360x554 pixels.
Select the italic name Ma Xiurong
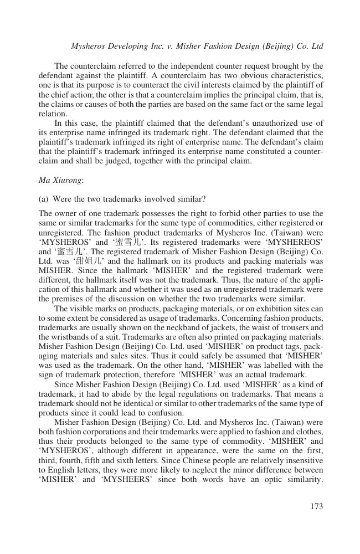click(57, 180)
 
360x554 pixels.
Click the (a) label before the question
click(44, 198)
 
